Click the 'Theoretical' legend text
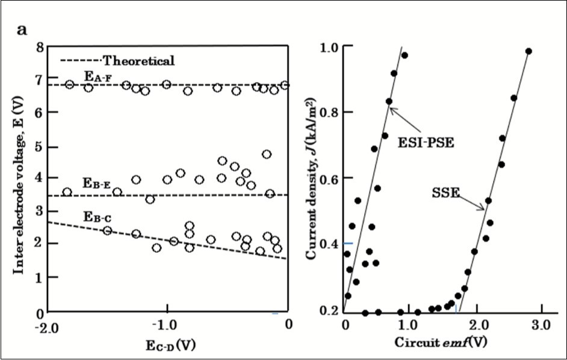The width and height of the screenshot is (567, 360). tap(138, 60)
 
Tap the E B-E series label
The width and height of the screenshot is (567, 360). tap(96, 184)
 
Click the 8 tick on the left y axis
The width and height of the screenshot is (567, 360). tap(39, 48)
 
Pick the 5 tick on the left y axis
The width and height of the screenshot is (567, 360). tap(39, 146)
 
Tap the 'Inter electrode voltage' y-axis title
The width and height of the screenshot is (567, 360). tap(19, 181)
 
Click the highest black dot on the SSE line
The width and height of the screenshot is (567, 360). tap(528, 51)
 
